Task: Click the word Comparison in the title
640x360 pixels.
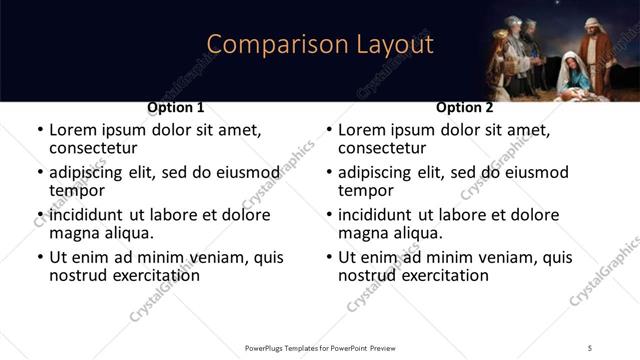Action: click(264, 44)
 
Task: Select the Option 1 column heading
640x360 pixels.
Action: click(176, 107)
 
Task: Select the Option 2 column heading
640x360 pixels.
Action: click(465, 107)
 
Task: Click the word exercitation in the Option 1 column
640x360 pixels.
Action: click(144, 275)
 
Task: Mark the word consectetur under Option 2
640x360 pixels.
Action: click(382, 148)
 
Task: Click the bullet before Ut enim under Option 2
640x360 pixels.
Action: click(329, 258)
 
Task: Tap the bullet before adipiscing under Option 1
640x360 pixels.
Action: click(40, 173)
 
